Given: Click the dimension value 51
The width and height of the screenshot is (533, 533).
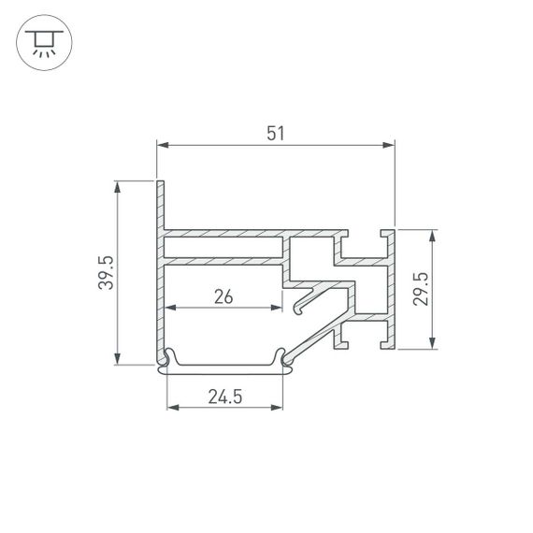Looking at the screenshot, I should tap(275, 133).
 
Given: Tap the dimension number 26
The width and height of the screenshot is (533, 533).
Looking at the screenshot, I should tap(223, 297).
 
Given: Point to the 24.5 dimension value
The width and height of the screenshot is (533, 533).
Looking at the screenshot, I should tap(224, 397).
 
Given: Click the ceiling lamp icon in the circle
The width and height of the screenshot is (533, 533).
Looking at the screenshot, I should tap(42, 42).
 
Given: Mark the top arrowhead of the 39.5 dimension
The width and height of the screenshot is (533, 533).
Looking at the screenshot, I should tap(118, 187).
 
